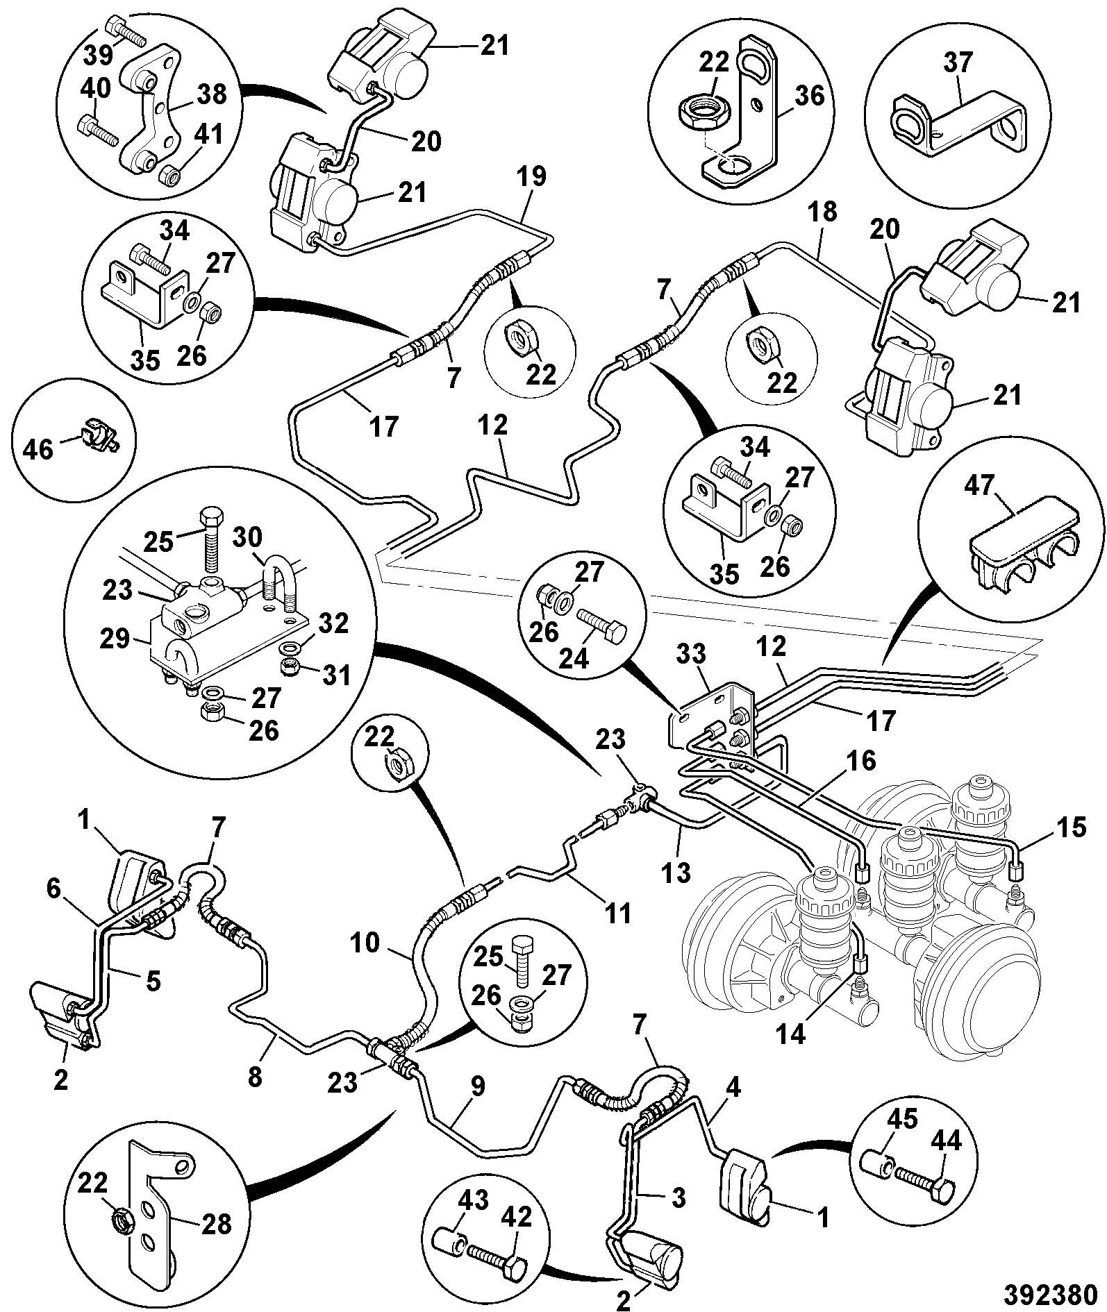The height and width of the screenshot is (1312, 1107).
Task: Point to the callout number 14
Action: coord(791,1053)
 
